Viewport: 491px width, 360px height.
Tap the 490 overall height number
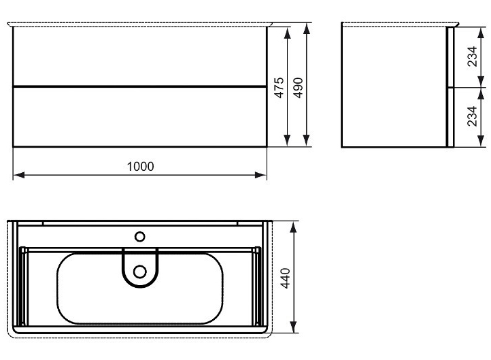[298, 87]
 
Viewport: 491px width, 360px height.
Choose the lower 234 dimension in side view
[472, 118]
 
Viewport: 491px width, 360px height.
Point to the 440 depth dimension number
[286, 278]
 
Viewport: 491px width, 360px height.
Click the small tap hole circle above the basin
[140, 237]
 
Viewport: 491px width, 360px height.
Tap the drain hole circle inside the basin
[140, 272]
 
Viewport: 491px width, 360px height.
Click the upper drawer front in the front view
[139, 56]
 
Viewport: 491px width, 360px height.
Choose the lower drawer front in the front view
[139, 116]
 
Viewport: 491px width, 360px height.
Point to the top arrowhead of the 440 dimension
[294, 226]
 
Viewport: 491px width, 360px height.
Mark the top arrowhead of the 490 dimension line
[307, 27]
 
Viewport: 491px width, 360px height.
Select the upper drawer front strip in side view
[450, 58]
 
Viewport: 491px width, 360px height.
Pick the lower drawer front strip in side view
[450, 117]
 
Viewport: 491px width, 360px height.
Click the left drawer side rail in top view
[24, 286]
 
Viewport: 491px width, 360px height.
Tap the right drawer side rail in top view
[257, 286]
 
